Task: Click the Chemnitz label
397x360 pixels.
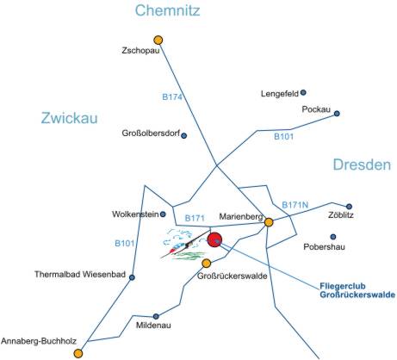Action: click(x=167, y=10)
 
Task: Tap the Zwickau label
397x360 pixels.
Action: click(x=69, y=118)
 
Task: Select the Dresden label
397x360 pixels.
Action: click(x=362, y=164)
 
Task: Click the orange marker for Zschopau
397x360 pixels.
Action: click(x=158, y=40)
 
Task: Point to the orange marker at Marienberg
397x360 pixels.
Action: click(x=269, y=222)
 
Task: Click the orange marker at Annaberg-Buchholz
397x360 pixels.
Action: click(x=78, y=353)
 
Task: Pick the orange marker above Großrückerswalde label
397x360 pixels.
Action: click(x=206, y=263)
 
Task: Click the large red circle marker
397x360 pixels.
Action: click(x=214, y=239)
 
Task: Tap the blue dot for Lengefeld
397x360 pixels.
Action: click(x=303, y=92)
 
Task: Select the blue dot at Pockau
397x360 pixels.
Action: click(x=337, y=114)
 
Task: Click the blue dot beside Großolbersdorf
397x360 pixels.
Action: click(x=183, y=135)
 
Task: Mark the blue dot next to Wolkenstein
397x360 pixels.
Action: click(x=163, y=214)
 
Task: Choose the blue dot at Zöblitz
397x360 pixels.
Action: click(x=349, y=207)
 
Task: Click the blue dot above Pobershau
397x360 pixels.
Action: click(x=333, y=237)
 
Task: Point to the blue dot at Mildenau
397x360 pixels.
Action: click(x=156, y=316)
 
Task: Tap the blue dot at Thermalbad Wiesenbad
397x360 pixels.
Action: click(x=132, y=277)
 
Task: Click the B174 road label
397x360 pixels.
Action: click(x=172, y=97)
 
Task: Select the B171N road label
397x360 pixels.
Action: click(x=295, y=205)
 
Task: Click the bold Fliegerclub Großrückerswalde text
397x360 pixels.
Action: click(x=357, y=290)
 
